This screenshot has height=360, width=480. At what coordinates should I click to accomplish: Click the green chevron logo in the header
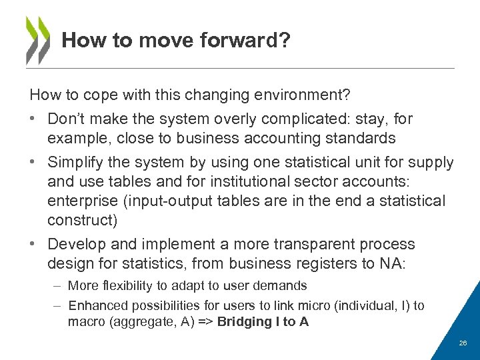38,40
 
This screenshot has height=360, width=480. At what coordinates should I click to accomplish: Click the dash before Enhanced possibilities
59,306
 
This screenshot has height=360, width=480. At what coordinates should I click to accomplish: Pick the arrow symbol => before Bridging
207,321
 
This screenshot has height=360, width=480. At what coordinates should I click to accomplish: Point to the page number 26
462,343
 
